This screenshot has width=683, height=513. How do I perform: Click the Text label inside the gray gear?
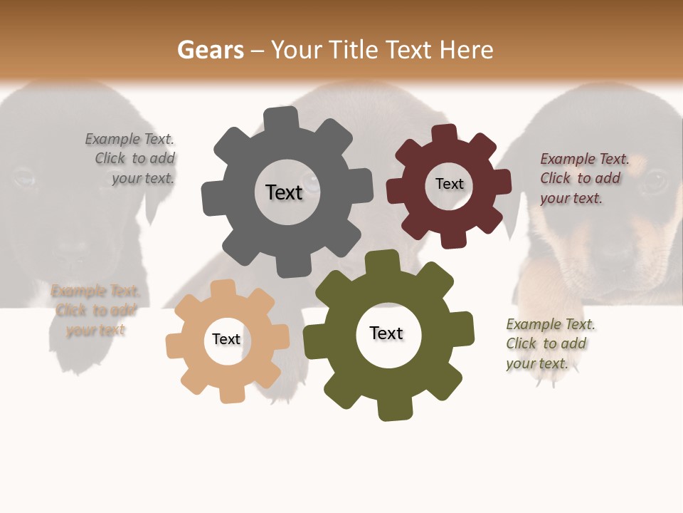click(284, 192)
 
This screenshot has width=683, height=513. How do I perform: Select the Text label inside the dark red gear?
click(449, 184)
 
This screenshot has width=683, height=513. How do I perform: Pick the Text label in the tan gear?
click(226, 339)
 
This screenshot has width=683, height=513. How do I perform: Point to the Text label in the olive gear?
click(386, 333)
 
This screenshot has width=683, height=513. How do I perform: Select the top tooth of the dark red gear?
click(444, 135)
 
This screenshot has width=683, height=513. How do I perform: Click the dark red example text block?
click(583, 178)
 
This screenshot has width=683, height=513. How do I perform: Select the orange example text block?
click(95, 310)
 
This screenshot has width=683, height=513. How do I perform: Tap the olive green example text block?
click(550, 343)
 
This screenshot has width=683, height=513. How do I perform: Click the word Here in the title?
click(467, 50)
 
